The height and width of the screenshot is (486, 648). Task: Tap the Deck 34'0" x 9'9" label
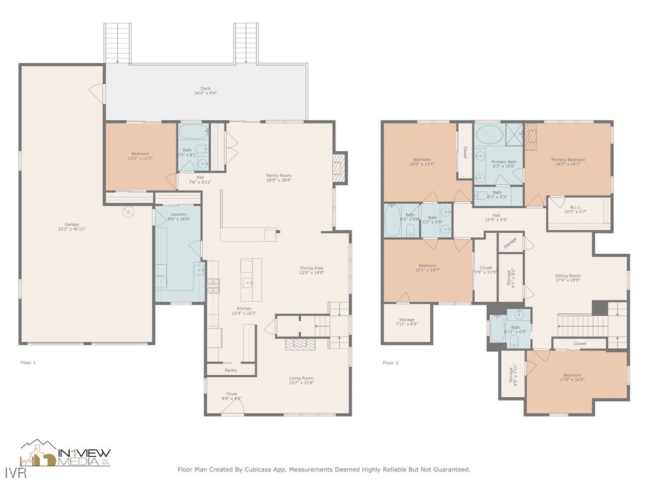click(x=206, y=91)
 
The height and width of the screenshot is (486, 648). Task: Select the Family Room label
click(x=278, y=178)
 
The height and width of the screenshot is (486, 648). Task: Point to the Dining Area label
click(x=312, y=270)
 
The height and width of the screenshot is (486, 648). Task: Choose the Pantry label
click(x=230, y=370)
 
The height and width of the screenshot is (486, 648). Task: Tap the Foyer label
click(x=232, y=396)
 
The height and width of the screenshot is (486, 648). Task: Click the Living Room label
click(x=301, y=380)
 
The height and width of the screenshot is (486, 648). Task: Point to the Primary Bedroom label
click(x=568, y=163)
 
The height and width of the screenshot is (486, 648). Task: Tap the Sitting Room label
click(x=568, y=278)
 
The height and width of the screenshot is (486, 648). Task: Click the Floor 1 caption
click(x=28, y=363)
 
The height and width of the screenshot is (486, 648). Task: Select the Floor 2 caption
click(x=390, y=363)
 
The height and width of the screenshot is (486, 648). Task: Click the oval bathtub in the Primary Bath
click(x=488, y=135)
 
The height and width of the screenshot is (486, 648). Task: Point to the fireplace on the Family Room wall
click(x=340, y=168)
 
